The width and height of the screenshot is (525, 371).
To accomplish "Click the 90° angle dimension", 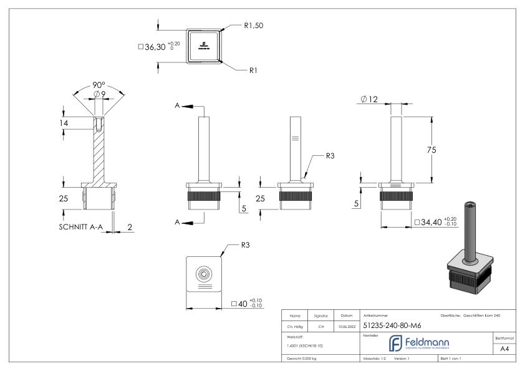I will coord(99,85).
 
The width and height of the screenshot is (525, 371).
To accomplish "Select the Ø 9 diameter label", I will coord(99,95).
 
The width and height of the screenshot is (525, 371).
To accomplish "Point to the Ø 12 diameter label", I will coord(370,99).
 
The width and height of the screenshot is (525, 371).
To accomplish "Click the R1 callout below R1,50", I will coord(253,71).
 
